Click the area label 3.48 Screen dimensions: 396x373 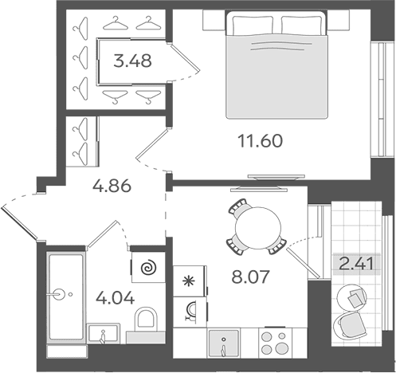point(132,61)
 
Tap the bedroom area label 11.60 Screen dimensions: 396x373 point(260,141)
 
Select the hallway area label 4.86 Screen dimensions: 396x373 point(112,186)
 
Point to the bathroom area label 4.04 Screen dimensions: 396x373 point(116,297)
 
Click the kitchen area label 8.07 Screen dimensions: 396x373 point(250,277)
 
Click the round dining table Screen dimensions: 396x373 point(258,229)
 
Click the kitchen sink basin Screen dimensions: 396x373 point(224,343)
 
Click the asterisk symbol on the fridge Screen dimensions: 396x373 point(189,281)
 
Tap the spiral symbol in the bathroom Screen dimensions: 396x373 point(148,268)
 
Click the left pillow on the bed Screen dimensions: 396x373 point(253,26)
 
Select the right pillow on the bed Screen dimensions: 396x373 point(303,26)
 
